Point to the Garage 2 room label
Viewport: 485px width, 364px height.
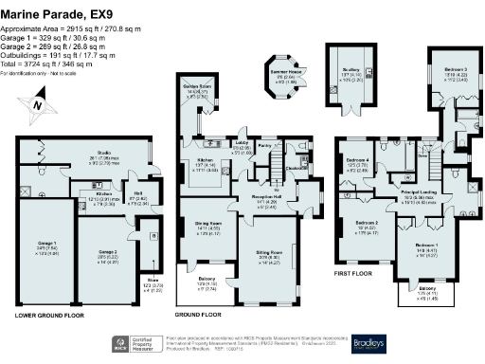[x=110, y=254]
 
